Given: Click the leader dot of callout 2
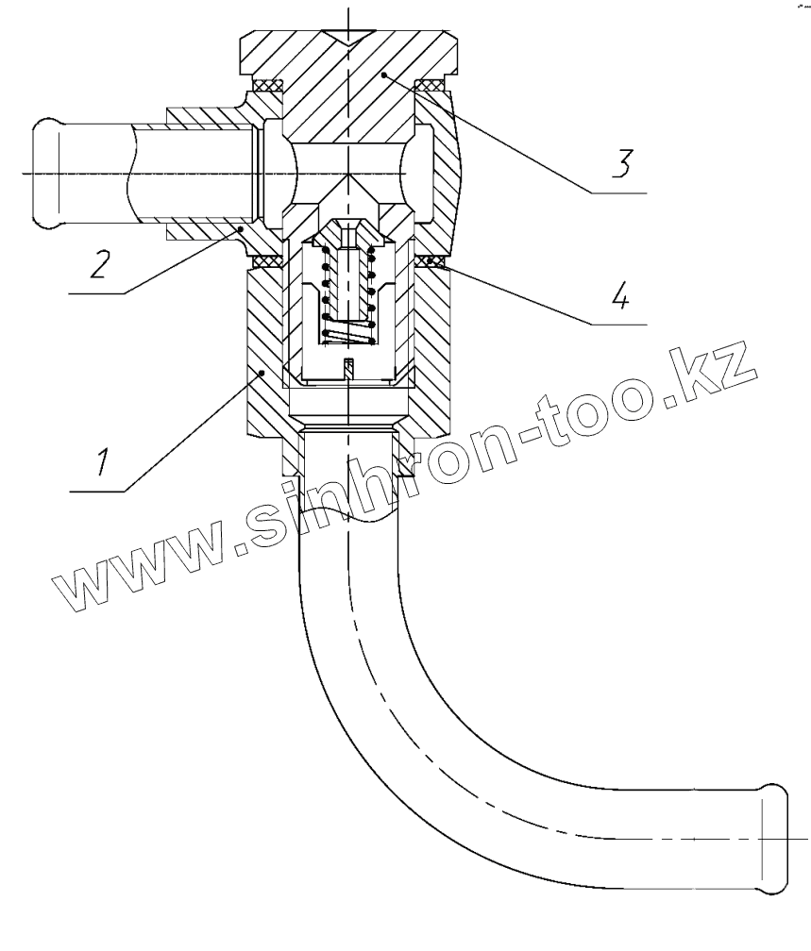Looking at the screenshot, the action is click(242, 228).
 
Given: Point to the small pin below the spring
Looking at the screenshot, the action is click(348, 369).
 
